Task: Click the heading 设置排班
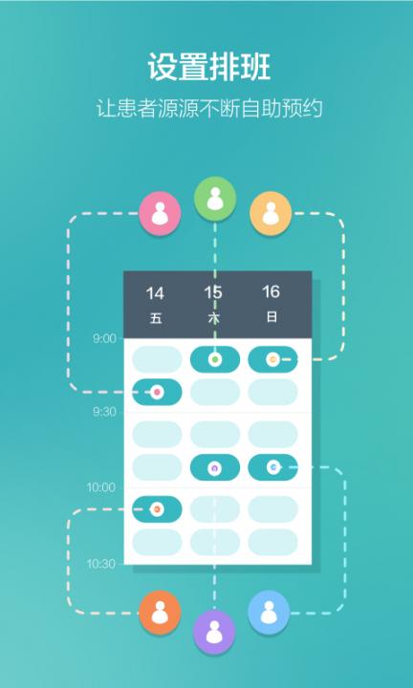[209, 67]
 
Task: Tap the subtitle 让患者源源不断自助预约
[209, 108]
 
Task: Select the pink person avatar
[160, 213]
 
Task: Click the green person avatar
[215, 199]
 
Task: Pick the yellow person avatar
[271, 213]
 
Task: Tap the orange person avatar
[160, 613]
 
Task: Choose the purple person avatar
[214, 632]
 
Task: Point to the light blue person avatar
[269, 613]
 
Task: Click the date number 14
[155, 293]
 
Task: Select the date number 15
[213, 292]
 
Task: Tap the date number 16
[271, 291]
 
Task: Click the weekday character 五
[156, 318]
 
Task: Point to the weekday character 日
[272, 317]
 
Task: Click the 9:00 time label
[104, 338]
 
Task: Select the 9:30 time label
[104, 412]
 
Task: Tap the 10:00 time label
[101, 487]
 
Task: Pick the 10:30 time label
[101, 564]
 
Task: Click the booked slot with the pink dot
[157, 392]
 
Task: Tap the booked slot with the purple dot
[215, 467]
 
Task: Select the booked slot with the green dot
[215, 359]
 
